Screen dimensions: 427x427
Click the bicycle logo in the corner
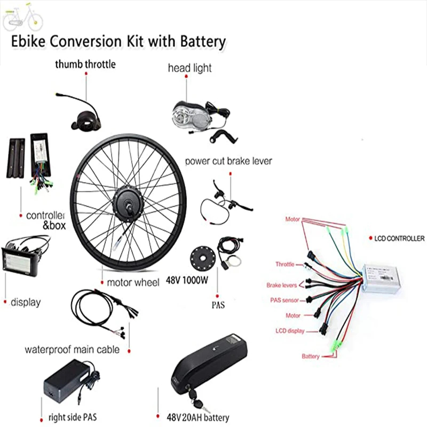click(22, 18)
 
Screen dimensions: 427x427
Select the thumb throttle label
click(85, 65)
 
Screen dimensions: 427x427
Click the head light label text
click(189, 68)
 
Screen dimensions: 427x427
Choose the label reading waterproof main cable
click(72, 350)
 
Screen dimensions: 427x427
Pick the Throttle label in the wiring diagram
click(284, 264)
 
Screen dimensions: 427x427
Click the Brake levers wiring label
click(282, 286)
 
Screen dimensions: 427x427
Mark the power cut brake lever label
click(228, 161)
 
